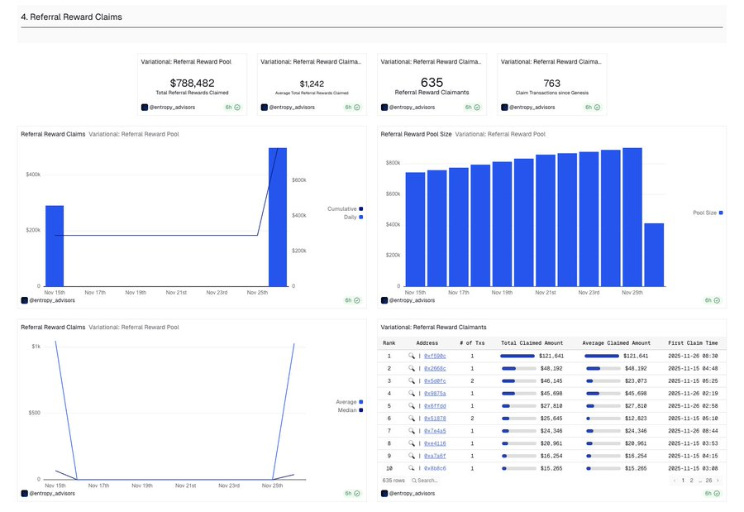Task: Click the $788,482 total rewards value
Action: point(192,83)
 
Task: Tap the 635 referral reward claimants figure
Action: point(432,82)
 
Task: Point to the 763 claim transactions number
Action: point(551,83)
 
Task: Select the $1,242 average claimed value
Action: point(312,84)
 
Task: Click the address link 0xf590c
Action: point(435,356)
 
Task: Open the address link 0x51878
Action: point(435,419)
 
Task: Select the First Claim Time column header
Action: point(693,342)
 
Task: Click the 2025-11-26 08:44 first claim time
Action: point(693,431)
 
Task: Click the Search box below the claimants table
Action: point(427,480)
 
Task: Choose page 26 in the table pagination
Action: point(708,480)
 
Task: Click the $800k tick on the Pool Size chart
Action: point(392,163)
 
